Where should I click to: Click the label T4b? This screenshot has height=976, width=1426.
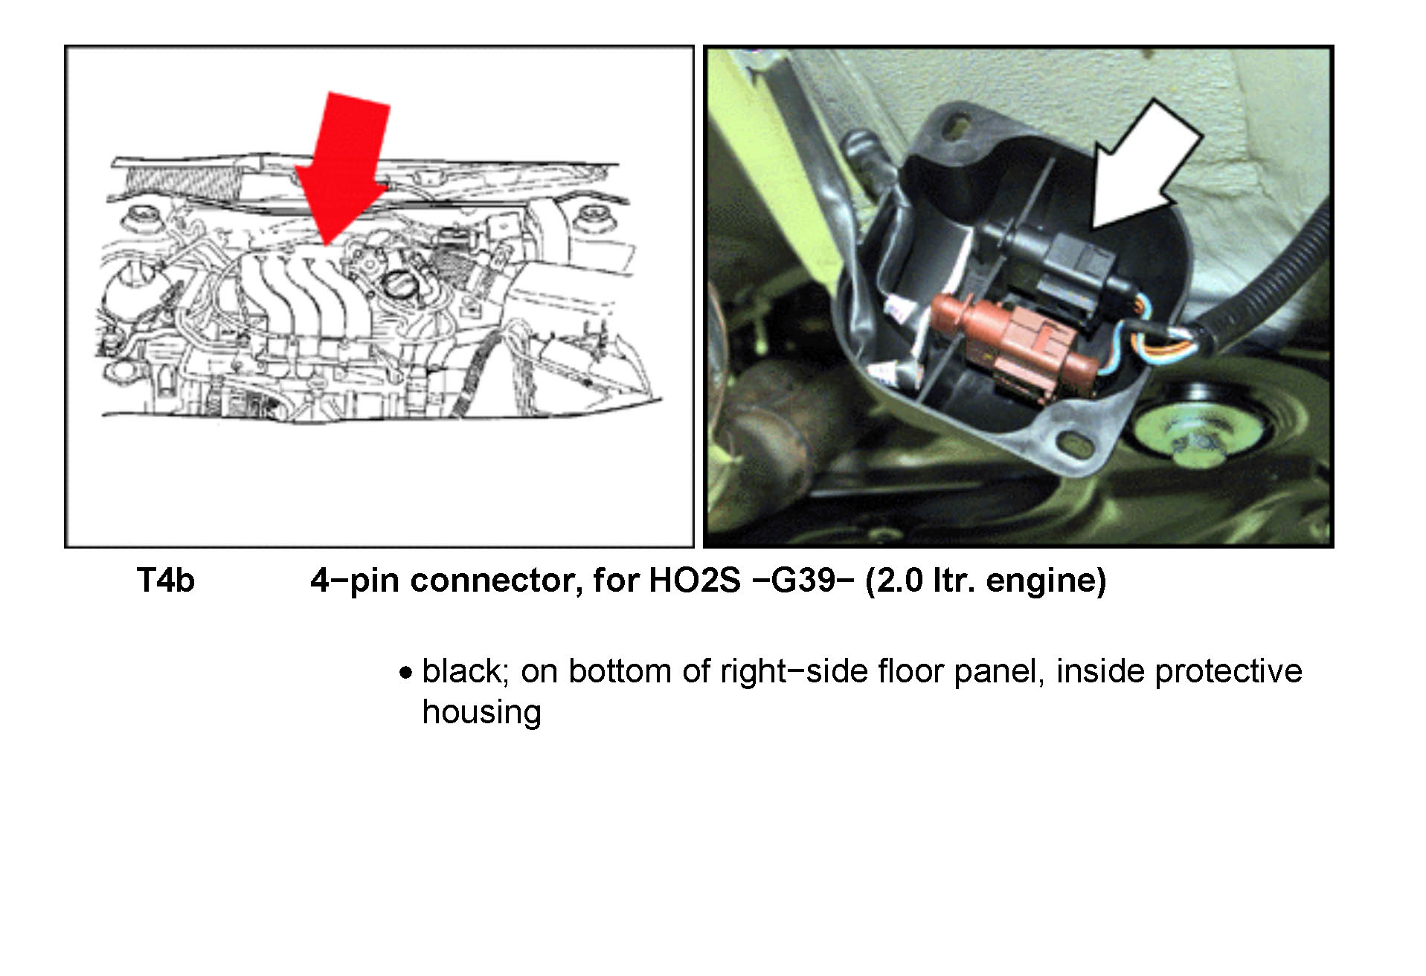click(x=165, y=581)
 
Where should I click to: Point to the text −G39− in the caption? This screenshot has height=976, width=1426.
click(x=802, y=581)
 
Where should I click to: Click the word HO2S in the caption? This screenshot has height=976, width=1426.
click(x=695, y=581)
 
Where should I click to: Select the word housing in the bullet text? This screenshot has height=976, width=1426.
click(x=481, y=713)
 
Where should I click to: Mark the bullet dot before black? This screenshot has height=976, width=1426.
click(x=405, y=673)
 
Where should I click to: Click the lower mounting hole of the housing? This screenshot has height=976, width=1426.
click(x=1075, y=444)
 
